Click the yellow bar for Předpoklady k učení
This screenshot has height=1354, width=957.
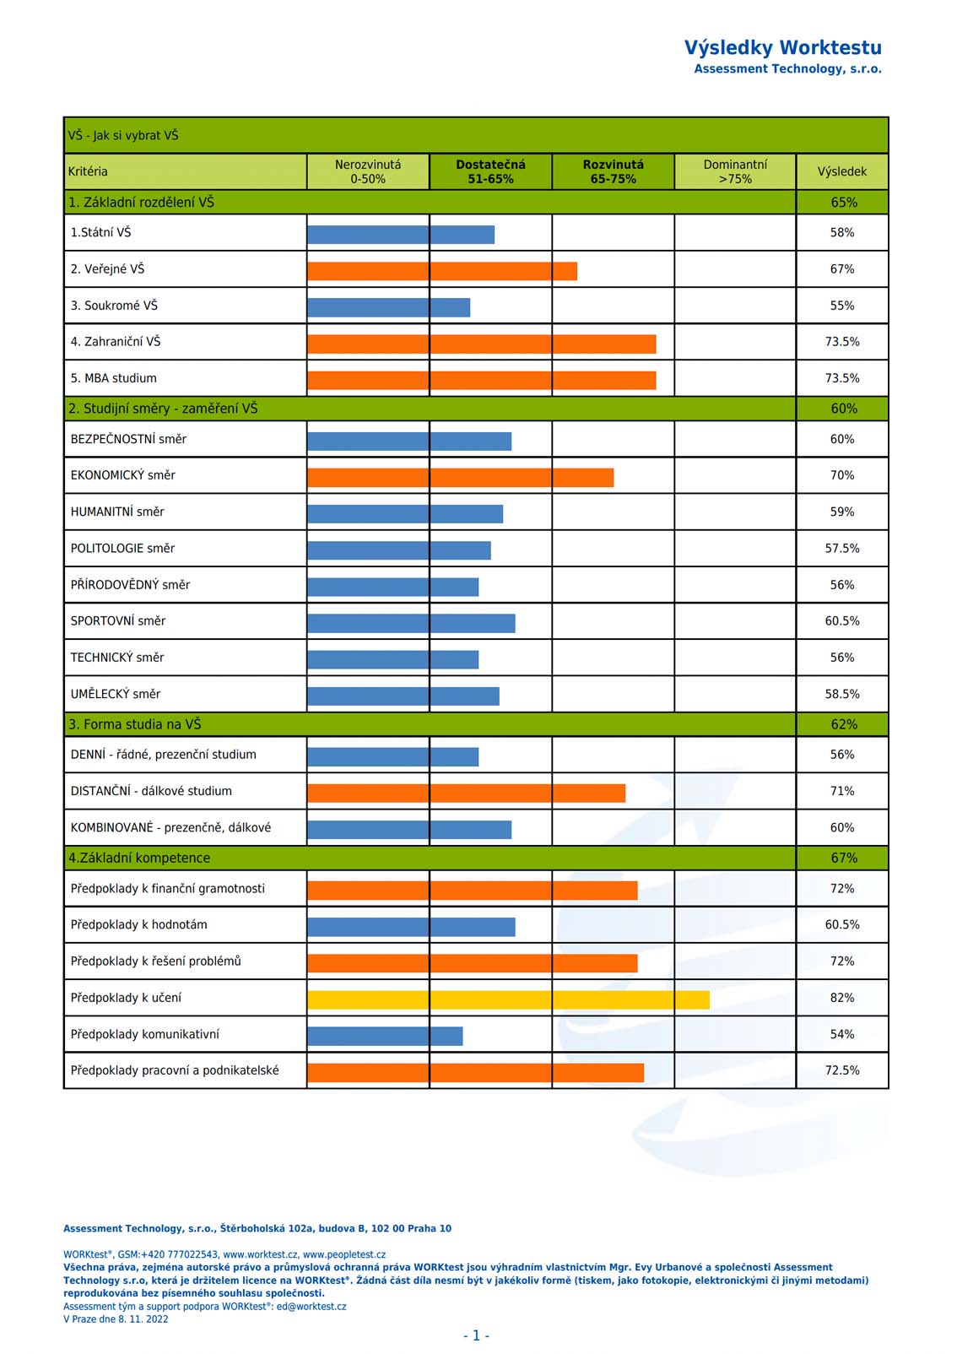tap(508, 999)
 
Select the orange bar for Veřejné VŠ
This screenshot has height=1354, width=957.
tap(442, 271)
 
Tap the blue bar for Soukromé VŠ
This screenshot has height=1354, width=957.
tap(388, 307)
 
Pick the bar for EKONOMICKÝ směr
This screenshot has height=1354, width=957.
tap(461, 478)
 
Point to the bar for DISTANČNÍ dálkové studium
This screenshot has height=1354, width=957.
tap(467, 793)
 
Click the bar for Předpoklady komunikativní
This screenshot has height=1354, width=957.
tap(385, 1036)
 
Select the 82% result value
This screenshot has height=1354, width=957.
tap(841, 998)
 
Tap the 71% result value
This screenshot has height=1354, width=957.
tap(841, 791)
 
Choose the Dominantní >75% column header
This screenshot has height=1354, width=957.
tap(735, 171)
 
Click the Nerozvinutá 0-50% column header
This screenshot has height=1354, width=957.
tap(368, 171)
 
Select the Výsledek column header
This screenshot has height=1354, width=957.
tap(841, 171)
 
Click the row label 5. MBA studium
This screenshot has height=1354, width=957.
tap(114, 378)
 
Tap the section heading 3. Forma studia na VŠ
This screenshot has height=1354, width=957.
tap(135, 724)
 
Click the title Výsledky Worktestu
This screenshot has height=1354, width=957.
tap(782, 48)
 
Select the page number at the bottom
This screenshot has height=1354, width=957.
tap(476, 1335)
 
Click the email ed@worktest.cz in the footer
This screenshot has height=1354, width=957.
tap(311, 1306)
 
